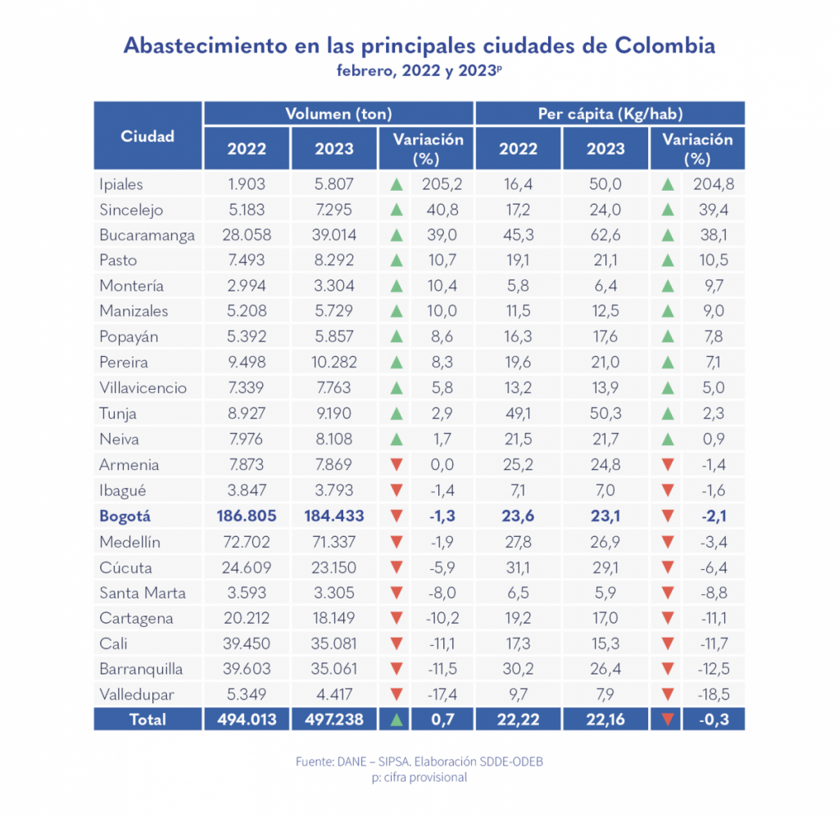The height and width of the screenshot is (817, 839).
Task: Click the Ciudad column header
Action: pyautogui.click(x=147, y=137)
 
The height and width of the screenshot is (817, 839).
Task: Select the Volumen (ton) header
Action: pyautogui.click(x=338, y=114)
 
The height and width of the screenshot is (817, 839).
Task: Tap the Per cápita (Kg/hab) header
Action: pyautogui.click(x=610, y=114)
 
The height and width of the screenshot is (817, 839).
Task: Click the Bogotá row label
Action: pyautogui.click(x=125, y=516)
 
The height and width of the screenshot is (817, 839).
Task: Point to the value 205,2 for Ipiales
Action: pyautogui.click(x=438, y=184)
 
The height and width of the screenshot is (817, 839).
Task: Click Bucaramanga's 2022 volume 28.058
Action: pyautogui.click(x=246, y=235)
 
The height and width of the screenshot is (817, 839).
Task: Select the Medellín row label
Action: pyautogui.click(x=129, y=541)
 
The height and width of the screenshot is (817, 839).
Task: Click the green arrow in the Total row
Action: pyautogui.click(x=397, y=720)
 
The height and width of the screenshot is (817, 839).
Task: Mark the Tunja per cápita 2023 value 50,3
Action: pyautogui.click(x=605, y=413)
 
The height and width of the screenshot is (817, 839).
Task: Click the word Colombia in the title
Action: pyautogui.click(x=664, y=45)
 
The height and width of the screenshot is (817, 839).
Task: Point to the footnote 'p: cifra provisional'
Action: pyautogui.click(x=419, y=777)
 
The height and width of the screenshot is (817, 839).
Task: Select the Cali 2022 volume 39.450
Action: pyautogui.click(x=246, y=643)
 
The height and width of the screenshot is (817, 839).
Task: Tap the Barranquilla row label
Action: pyautogui.click(x=141, y=669)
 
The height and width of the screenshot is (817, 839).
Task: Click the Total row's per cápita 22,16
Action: pyautogui.click(x=605, y=719)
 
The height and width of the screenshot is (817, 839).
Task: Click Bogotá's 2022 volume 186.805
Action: pyautogui.click(x=246, y=516)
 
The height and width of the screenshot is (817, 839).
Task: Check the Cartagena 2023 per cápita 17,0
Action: pyautogui.click(x=605, y=618)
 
